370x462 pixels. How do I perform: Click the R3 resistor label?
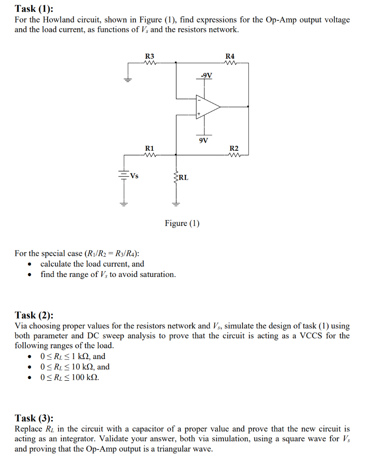click(x=150, y=56)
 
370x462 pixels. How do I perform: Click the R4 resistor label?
click(x=230, y=56)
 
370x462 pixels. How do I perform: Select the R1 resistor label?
click(x=150, y=148)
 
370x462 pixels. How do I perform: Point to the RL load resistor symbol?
click(x=176, y=176)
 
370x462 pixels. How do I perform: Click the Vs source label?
click(x=133, y=176)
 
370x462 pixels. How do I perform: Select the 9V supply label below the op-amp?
click(x=203, y=140)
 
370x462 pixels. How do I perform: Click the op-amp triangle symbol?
click(x=207, y=107)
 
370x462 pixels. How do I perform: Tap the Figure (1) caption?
click(x=182, y=223)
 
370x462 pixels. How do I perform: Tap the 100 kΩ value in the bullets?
click(x=82, y=377)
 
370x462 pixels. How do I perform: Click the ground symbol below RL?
click(x=176, y=203)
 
